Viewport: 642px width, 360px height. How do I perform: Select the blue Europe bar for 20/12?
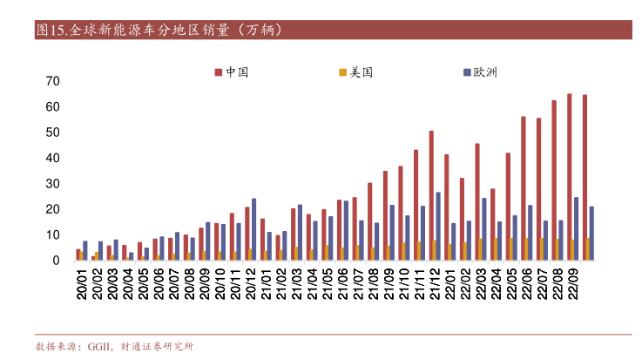pos(253,229)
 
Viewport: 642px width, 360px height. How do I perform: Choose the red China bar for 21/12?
pos(431,195)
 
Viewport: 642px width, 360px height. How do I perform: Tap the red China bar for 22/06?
pos(524,188)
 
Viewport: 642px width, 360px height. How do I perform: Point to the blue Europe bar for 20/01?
pos(85,251)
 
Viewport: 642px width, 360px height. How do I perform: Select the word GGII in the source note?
pos(99,346)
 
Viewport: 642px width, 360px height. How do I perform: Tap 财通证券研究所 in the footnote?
pos(157,346)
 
